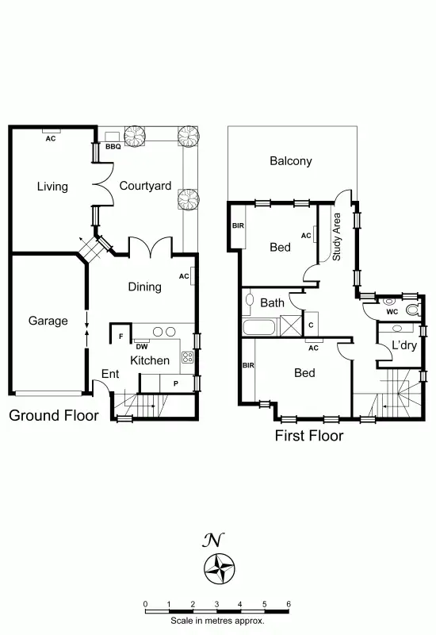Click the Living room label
(x=52, y=187)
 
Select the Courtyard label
(x=145, y=187)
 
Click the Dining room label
(x=144, y=287)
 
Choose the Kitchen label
(x=150, y=360)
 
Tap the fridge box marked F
(x=120, y=337)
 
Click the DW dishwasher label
(x=141, y=346)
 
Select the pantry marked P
(x=175, y=383)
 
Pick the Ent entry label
(x=110, y=374)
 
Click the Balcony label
(x=290, y=161)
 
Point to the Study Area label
(x=337, y=237)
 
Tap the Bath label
(x=272, y=302)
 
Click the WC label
(x=392, y=311)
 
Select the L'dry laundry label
(x=404, y=346)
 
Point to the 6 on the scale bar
(x=289, y=604)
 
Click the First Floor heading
(x=308, y=436)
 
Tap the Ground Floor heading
(x=53, y=415)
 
